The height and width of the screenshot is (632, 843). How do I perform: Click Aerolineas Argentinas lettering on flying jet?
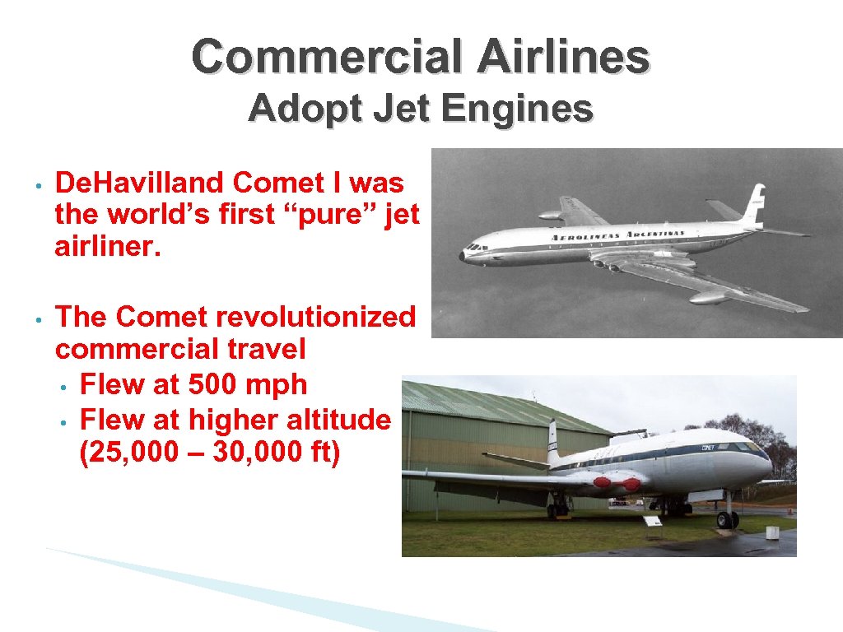[617, 235]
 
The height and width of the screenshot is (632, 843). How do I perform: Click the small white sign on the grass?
[652, 521]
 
